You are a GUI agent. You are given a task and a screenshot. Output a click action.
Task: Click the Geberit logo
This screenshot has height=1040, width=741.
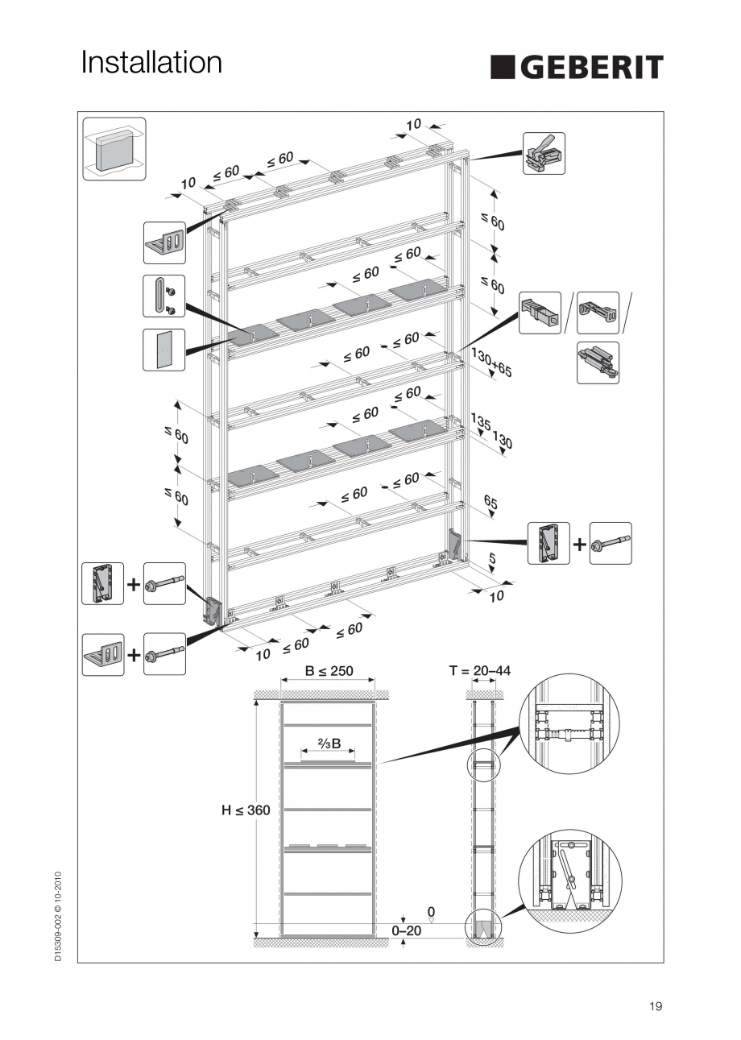tap(577, 67)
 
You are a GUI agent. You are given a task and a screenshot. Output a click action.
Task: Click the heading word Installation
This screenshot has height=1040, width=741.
tap(151, 62)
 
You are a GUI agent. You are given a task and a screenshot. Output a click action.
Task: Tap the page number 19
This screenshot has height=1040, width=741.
tap(655, 1006)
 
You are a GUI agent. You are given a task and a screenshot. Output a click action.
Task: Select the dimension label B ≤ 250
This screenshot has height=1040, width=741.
tap(329, 671)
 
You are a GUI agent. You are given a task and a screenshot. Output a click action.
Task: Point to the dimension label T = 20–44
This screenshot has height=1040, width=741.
tap(479, 671)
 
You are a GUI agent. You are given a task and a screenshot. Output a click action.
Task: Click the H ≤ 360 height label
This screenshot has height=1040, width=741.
tap(246, 810)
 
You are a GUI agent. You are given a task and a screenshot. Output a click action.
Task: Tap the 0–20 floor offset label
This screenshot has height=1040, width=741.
tap(406, 930)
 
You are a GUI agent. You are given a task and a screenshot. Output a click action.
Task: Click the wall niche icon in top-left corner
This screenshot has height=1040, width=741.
tap(114, 149)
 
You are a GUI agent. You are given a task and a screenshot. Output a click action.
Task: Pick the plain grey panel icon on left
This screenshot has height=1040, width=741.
tap(164, 350)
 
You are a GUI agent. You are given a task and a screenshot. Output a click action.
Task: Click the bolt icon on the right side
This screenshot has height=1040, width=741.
tap(611, 543)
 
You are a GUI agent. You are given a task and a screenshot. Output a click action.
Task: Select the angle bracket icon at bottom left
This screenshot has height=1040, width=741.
tap(103, 654)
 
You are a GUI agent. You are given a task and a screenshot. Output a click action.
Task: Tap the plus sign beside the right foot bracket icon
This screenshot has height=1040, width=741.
tap(580, 544)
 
